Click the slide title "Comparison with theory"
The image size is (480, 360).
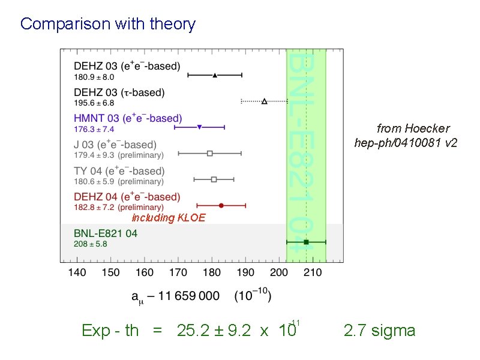click(x=108, y=24)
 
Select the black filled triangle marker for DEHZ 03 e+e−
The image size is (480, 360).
click(x=215, y=75)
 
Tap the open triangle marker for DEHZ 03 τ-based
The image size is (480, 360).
click(x=265, y=101)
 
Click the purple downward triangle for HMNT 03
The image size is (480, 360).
click(x=199, y=127)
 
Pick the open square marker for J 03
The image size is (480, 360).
click(x=210, y=153)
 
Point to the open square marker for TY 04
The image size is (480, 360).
click(x=214, y=179)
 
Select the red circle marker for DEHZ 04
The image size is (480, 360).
click(x=221, y=205)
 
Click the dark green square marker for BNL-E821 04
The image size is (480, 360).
click(x=306, y=242)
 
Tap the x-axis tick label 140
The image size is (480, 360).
click(x=77, y=272)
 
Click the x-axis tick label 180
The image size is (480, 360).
click(x=212, y=272)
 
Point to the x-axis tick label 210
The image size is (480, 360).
click(x=313, y=272)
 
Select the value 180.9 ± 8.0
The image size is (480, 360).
click(x=94, y=77)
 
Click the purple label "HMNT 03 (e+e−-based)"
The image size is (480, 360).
click(x=128, y=119)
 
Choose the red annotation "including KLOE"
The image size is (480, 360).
click(x=168, y=218)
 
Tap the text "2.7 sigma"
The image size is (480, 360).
click(x=379, y=331)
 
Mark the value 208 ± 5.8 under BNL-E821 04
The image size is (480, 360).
click(x=91, y=244)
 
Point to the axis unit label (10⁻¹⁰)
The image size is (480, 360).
click(x=252, y=296)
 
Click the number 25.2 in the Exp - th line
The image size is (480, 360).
click(x=190, y=331)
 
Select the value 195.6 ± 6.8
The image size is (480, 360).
click(x=94, y=103)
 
